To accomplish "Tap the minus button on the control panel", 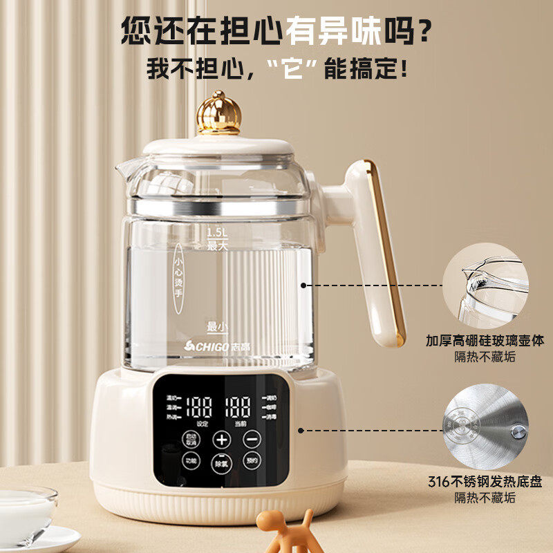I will [x=251, y=439].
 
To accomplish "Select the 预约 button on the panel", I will [x=251, y=461].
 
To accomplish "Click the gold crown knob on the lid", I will [x=218, y=113].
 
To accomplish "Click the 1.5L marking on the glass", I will [x=217, y=234].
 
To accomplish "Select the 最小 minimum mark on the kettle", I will [x=216, y=326].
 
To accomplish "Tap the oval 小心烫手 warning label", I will [x=178, y=275].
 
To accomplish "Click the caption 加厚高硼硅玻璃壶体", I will [x=485, y=341].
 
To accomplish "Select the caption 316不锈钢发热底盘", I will [x=485, y=482].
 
